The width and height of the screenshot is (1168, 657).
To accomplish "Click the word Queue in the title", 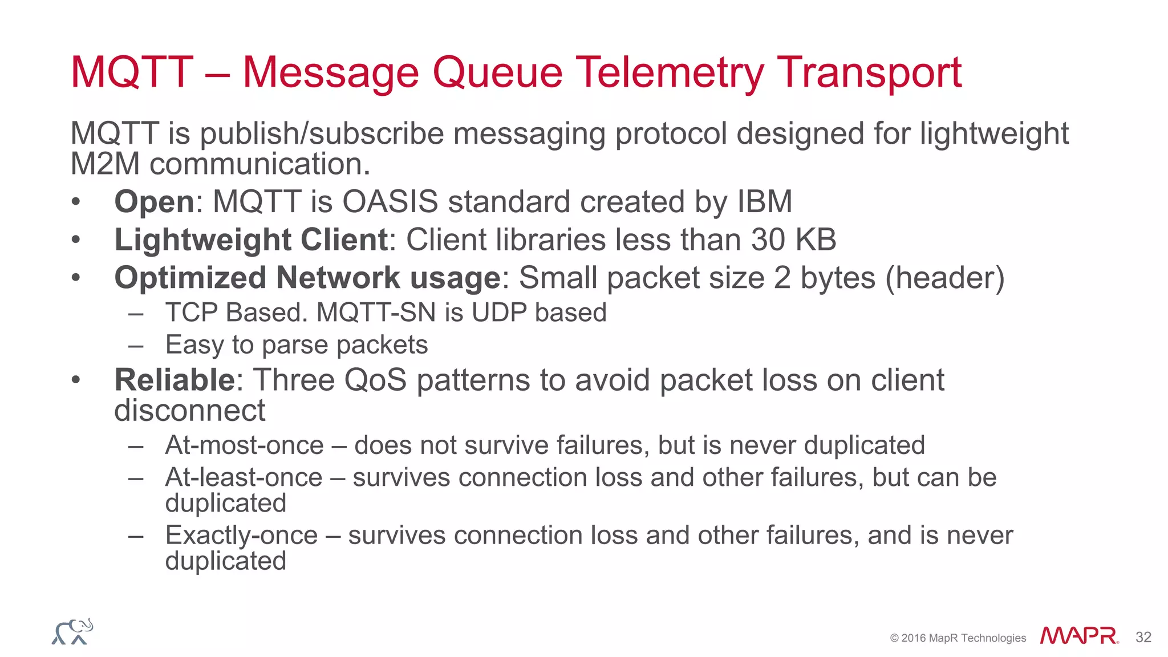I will pyautogui.click(x=497, y=73).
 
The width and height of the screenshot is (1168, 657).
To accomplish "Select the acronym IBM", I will pyautogui.click(x=764, y=202).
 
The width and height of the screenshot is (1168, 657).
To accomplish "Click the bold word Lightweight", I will pyautogui.click(x=203, y=240).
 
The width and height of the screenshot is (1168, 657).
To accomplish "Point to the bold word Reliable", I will pyautogui.click(x=175, y=380).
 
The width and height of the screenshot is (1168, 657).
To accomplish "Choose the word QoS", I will pyautogui.click(x=375, y=380).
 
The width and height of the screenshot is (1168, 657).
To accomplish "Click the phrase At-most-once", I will pyautogui.click(x=244, y=445).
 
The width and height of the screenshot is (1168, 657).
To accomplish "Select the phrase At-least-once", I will pyautogui.click(x=244, y=477).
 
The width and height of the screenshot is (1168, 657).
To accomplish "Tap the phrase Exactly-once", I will pyautogui.click(x=241, y=536).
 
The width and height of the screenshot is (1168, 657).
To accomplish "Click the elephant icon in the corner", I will pyautogui.click(x=72, y=632).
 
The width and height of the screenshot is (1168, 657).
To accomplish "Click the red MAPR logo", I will pyautogui.click(x=1078, y=636).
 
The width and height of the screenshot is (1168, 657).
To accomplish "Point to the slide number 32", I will pyautogui.click(x=1143, y=637).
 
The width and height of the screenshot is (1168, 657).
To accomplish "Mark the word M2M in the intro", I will pyautogui.click(x=105, y=164).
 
